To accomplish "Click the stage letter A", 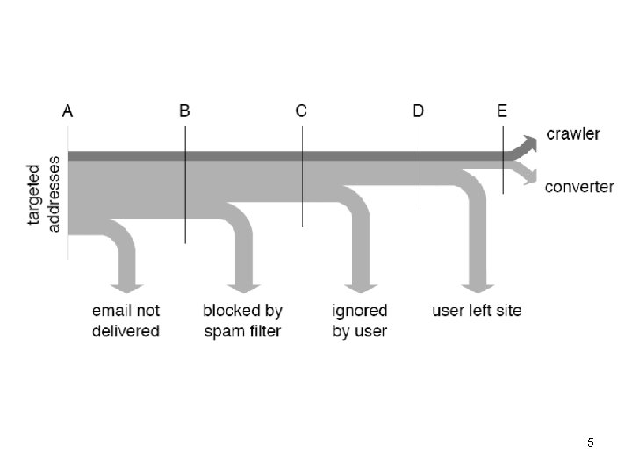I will [68, 111].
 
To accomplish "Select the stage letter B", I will [184, 111].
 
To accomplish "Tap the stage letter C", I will [301, 111].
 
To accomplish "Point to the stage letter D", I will [419, 111].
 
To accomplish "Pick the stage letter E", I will [502, 111].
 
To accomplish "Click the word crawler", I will [573, 134].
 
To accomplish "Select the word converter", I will [579, 187].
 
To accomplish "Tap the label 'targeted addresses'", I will [44, 197].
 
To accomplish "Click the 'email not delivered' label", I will [126, 320].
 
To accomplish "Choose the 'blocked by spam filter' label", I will [242, 320].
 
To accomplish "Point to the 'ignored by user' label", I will [359, 320].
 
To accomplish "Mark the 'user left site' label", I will [476, 311].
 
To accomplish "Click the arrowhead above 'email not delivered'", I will [126, 287].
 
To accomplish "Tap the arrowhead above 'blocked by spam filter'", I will [243, 287].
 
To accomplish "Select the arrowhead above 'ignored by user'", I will [360, 287].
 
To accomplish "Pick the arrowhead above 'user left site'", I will [477, 287].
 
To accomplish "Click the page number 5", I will [591, 443].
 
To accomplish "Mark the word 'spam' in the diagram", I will [224, 331].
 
